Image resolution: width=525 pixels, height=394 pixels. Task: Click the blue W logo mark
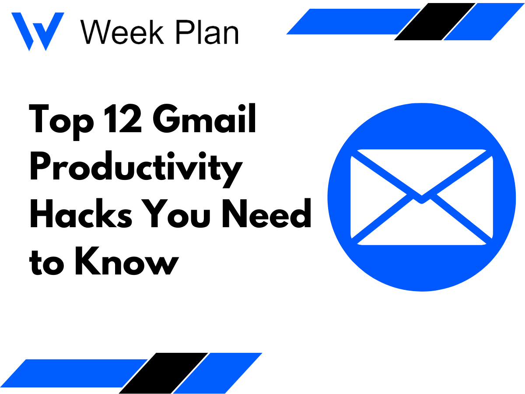37,31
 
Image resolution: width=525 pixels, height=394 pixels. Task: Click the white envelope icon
421,197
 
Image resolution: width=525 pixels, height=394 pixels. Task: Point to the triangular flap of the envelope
421,175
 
